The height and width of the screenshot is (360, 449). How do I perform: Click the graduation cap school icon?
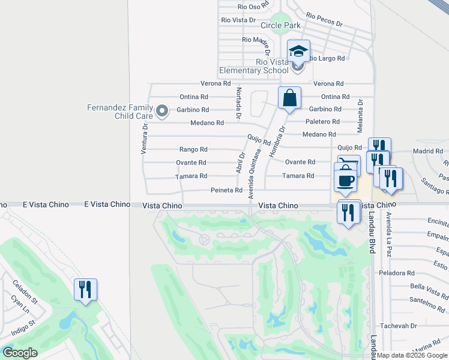pyautogui.click(x=298, y=51)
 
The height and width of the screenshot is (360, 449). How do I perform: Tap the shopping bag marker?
pyautogui.click(x=289, y=98)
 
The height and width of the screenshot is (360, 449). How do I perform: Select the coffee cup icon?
pyautogui.click(x=345, y=180)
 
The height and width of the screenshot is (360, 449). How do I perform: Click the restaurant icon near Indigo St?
pyautogui.click(x=85, y=290)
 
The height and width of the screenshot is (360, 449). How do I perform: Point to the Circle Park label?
pyautogui.click(x=280, y=26)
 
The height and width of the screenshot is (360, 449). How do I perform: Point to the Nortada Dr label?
pyautogui.click(x=238, y=103)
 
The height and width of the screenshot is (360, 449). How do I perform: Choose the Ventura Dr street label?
pyautogui.click(x=144, y=137)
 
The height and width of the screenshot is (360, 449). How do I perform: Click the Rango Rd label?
pyautogui.click(x=193, y=149)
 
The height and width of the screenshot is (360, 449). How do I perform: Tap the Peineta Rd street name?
pyautogui.click(x=226, y=190)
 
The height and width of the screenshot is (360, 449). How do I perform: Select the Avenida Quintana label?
pyautogui.click(x=254, y=175)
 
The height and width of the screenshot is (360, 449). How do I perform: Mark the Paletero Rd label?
pyautogui.click(x=323, y=122)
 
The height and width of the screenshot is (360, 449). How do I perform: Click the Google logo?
pyautogui.click(x=20, y=353)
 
